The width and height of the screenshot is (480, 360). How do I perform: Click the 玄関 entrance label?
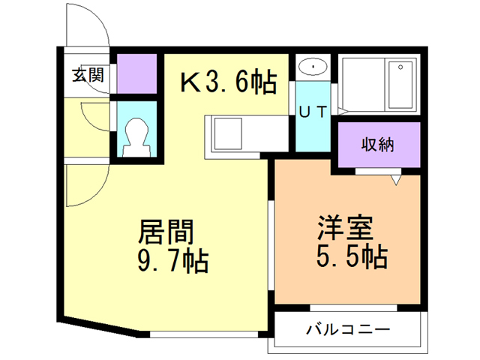tap(88, 75)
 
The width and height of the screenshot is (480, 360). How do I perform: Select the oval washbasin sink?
tap(311, 67)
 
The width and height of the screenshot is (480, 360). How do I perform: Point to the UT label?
tap(312, 112)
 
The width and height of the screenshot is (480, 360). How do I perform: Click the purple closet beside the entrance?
tap(136, 73)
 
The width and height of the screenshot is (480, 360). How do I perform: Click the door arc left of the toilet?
tap(94, 118)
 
